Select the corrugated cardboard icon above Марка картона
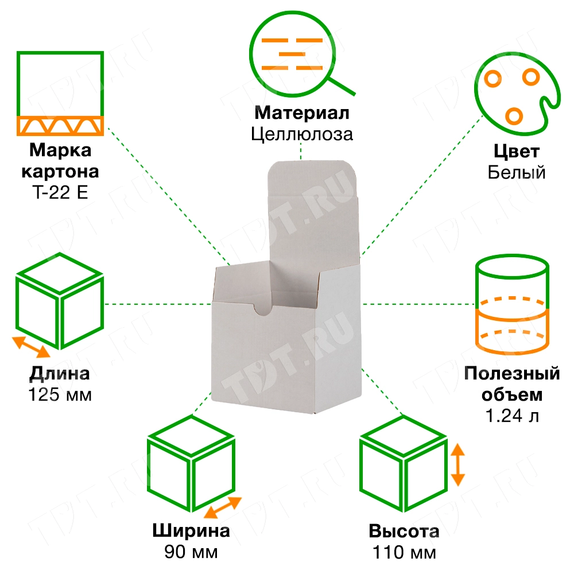60,93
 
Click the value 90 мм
191,552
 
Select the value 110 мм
404,553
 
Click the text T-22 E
60,192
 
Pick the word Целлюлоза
301,134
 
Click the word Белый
517,172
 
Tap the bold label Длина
60,375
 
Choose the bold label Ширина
191,531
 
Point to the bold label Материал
301,113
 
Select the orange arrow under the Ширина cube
222,507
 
